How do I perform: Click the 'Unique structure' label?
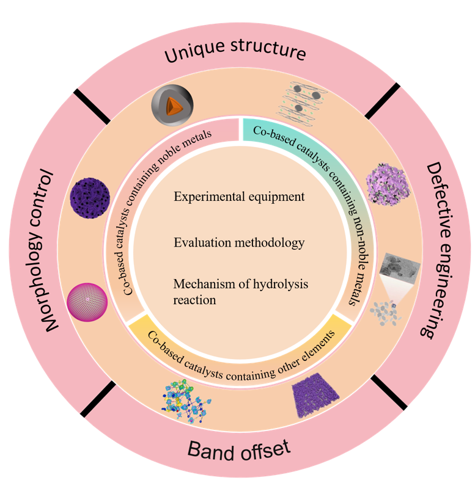tap(235, 54)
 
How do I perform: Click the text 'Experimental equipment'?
tap(239, 197)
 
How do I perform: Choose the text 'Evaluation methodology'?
tap(239, 242)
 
